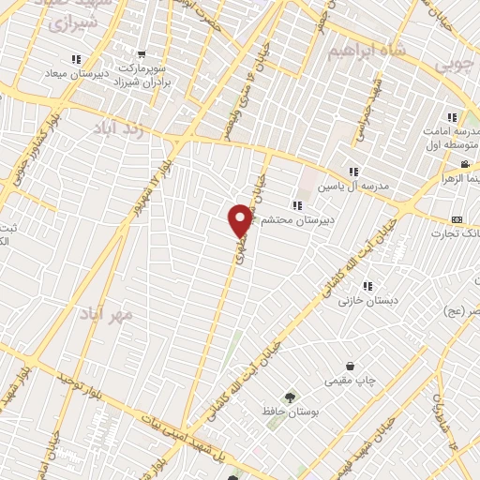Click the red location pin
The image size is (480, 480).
[x=241, y=220]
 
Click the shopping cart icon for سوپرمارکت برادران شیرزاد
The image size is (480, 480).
[x=141, y=55]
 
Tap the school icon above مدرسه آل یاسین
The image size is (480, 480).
[x=352, y=172]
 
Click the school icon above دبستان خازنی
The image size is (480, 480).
[x=367, y=285]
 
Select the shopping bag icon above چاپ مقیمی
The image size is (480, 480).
[x=350, y=366]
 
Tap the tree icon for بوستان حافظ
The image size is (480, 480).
[x=288, y=396]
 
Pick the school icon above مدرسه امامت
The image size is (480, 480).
[x=451, y=117]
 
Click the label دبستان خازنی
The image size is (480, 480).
[x=363, y=301]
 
